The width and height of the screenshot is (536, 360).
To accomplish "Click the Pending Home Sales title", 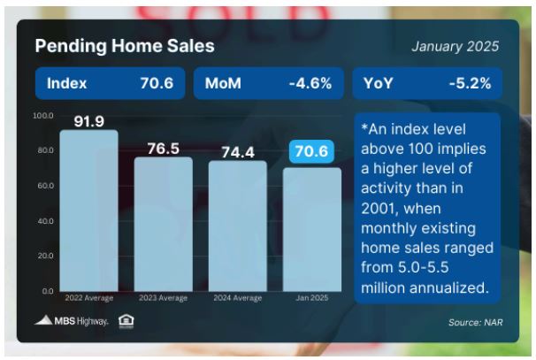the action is point(125,46).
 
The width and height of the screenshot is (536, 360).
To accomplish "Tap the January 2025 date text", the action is point(455,47).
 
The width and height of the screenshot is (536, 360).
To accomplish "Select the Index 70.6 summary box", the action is point(110,83).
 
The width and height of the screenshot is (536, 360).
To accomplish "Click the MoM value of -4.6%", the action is point(310,83).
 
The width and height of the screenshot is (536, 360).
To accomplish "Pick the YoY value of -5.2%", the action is point(470,83).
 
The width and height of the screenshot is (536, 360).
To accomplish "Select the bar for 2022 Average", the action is point(88,211).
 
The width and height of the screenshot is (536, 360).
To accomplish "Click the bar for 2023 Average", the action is point(164,225).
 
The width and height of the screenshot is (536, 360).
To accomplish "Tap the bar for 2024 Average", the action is point(238,226).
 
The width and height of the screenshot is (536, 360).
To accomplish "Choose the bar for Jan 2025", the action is point(312,229).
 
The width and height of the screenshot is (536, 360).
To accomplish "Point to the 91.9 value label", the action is point(88,121).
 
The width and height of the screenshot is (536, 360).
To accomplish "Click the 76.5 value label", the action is point(164,149).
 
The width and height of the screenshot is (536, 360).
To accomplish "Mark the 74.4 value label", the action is point(238,152).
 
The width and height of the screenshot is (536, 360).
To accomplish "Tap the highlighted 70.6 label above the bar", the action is point(311,151).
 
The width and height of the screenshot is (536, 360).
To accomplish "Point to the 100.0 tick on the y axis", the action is point(43,116).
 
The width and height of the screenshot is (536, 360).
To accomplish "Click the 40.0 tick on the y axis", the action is point(46,221).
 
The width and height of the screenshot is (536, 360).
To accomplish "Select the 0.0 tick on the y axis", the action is point(48,291).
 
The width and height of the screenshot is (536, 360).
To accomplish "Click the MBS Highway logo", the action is point(71,321).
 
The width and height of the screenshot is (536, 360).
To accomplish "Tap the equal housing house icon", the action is point(126,321).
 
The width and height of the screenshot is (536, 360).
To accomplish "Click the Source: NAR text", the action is point(476,322).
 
